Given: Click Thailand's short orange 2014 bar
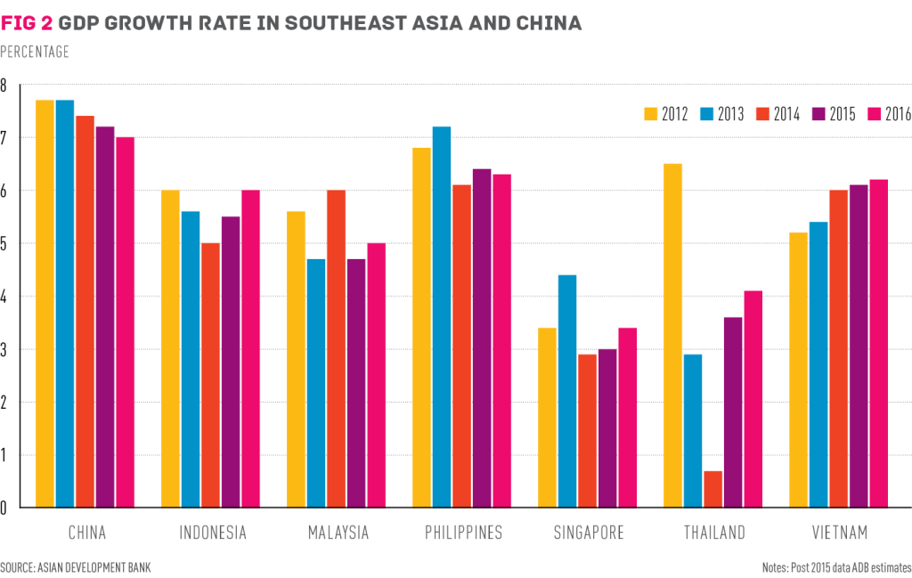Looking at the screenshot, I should [712, 489].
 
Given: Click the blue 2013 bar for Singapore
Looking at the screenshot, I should [566, 391].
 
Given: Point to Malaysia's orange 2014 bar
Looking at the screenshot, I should [336, 348].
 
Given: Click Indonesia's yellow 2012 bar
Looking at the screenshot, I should [169, 348].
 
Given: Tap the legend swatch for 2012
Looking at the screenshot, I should [649, 113].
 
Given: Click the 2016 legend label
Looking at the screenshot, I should [898, 113].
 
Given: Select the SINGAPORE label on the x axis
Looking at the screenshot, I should [588, 533].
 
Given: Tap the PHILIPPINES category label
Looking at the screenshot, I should [462, 533].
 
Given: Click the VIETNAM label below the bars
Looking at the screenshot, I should [838, 533].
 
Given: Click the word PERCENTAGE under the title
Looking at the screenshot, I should [35, 52].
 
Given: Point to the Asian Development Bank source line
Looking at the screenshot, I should [69, 566].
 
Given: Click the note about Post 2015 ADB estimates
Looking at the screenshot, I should [836, 566].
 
